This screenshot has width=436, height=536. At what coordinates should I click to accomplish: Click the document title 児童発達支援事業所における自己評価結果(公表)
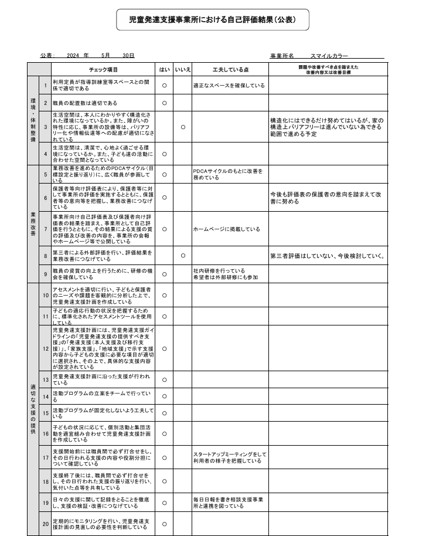tap(212, 19)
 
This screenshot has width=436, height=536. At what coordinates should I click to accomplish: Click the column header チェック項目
tap(99, 69)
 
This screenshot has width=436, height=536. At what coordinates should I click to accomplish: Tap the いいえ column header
tap(183, 69)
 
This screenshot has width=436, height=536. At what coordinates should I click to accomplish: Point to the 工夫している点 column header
tap(230, 69)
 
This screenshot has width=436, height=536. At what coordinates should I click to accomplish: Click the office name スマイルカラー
tap(329, 55)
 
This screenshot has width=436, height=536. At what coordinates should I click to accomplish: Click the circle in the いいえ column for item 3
tap(183, 127)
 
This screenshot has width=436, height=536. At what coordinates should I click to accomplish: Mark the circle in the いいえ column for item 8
tap(183, 255)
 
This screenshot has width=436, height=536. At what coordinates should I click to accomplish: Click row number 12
tap(45, 348)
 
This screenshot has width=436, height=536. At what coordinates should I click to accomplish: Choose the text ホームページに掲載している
tap(226, 229)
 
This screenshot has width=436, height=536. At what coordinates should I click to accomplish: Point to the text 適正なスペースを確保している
tap(229, 85)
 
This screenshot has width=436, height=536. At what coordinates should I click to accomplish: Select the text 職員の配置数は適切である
tap(85, 103)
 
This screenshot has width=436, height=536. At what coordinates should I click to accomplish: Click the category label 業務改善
tap(33, 223)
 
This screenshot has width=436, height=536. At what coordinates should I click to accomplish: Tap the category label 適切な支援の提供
tap(33, 408)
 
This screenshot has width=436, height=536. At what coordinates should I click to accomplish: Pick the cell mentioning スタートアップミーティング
tap(230, 457)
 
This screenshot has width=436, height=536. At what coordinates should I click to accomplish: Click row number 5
tap(45, 174)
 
